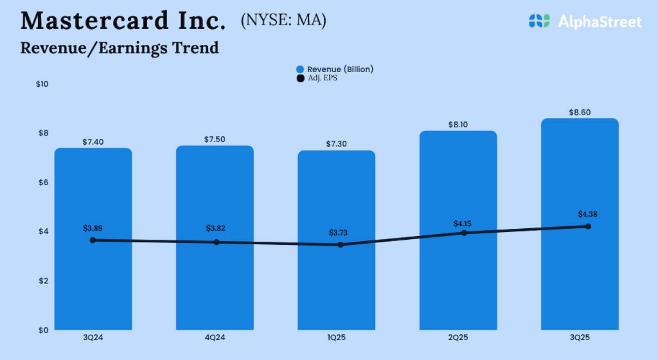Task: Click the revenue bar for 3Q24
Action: click(x=93, y=283)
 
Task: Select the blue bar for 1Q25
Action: click(x=336, y=283)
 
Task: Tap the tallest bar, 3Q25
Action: click(x=580, y=283)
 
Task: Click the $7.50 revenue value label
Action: click(x=215, y=139)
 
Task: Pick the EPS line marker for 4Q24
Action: click(x=217, y=242)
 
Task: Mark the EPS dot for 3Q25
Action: click(x=588, y=226)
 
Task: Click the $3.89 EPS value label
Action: click(x=93, y=228)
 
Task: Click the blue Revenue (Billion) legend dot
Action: click(x=299, y=69)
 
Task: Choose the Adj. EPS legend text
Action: click(x=322, y=78)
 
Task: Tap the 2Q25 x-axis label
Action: click(x=458, y=337)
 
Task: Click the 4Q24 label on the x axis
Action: click(x=215, y=337)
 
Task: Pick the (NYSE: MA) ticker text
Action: click(x=283, y=21)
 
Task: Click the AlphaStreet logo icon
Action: click(x=540, y=21)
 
